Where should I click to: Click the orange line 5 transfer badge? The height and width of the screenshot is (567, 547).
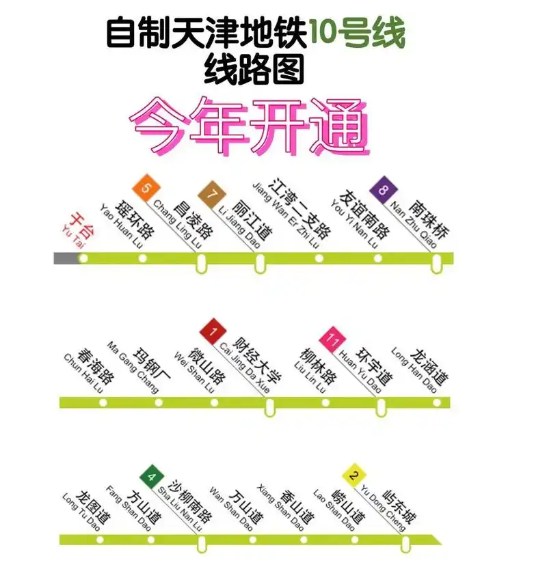[x=145, y=186]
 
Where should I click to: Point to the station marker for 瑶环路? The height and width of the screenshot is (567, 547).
[x=142, y=258]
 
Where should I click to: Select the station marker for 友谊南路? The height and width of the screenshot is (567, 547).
[x=378, y=258]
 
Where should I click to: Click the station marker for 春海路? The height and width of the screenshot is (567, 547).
[x=103, y=402]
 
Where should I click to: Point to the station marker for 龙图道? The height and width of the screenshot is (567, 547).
[x=102, y=539]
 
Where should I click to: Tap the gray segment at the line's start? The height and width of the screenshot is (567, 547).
[x=66, y=258]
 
